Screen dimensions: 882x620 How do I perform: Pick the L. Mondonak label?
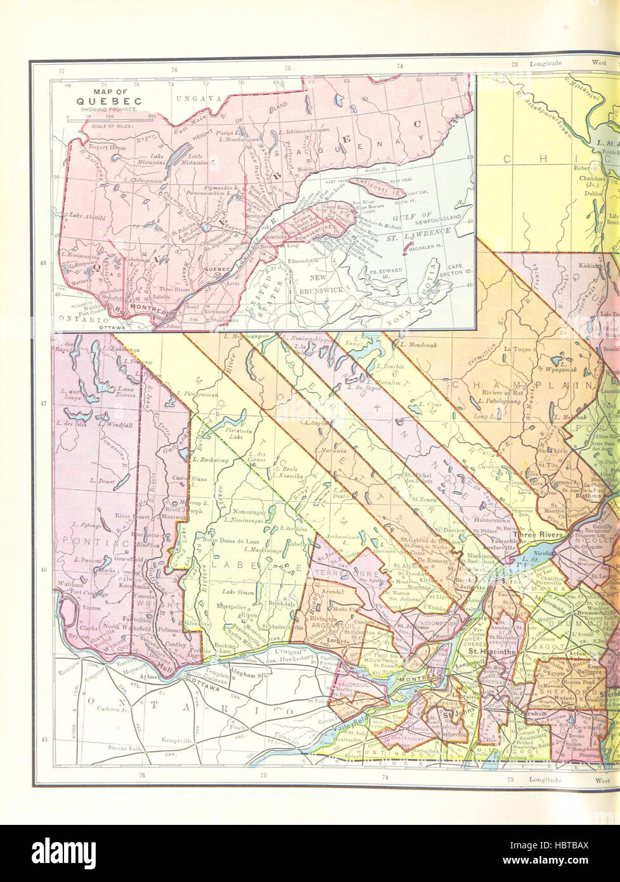click(x=420, y=344)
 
